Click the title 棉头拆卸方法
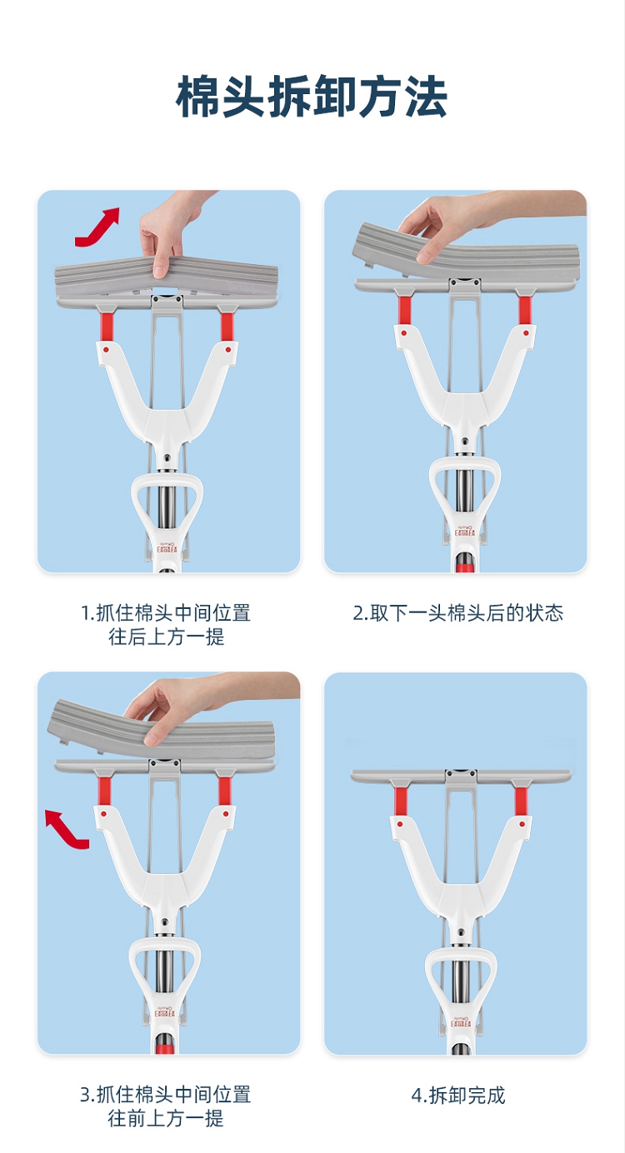[312, 97]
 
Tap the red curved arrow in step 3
[65, 829]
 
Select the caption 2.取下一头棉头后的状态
[457, 613]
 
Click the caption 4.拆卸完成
[457, 1095]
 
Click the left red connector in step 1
[107, 327]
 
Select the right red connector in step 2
[524, 310]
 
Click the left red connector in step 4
[401, 801]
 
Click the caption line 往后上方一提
[167, 637]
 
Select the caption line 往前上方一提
[166, 1119]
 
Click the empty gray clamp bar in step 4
[462, 776]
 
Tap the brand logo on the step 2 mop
[465, 531]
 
